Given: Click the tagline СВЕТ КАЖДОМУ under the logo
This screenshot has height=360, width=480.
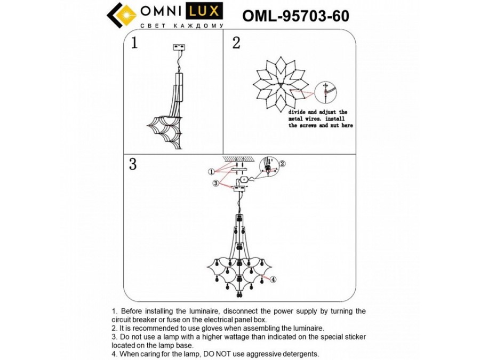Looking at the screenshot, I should pyautogui.click(x=180, y=26).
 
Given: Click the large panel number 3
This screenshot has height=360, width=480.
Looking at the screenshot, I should pyautogui.click(x=133, y=164).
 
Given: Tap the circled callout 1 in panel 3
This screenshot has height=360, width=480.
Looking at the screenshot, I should pyautogui.click(x=211, y=172).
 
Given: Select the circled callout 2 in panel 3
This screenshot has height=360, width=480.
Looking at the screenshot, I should pyautogui.click(x=283, y=164).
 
